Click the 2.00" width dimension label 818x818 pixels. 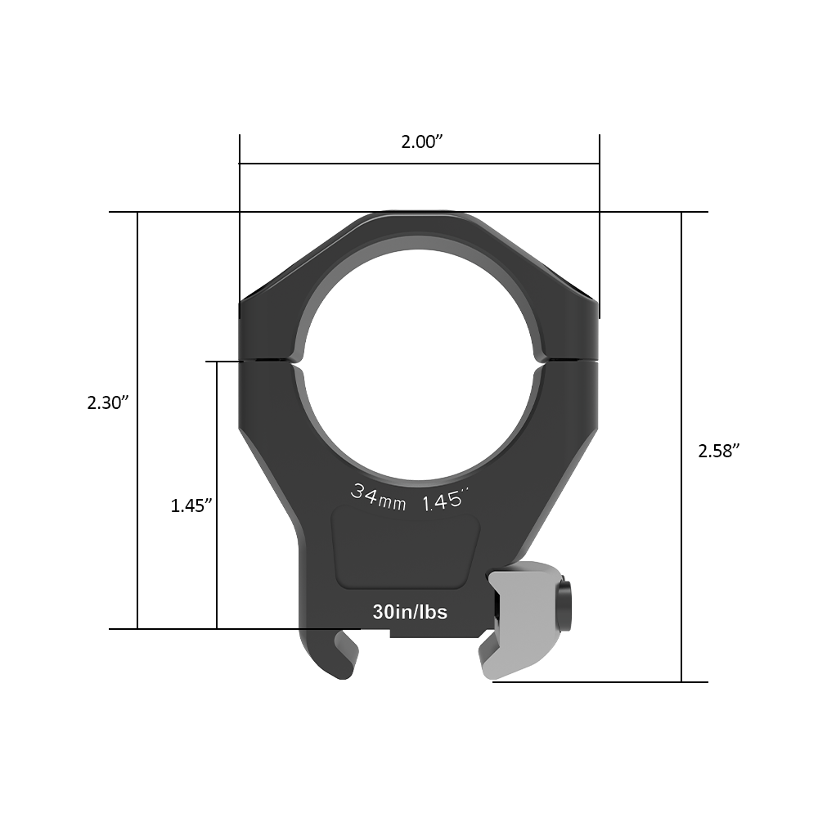421,142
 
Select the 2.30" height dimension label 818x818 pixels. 109,402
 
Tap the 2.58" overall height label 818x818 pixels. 719,451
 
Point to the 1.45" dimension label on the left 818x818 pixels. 191,506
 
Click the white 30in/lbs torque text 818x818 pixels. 410,612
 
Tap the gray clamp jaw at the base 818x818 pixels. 524,622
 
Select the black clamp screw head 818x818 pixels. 564,606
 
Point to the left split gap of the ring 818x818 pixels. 270,360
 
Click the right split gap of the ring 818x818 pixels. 569,359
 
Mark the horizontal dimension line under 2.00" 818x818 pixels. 420,164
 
